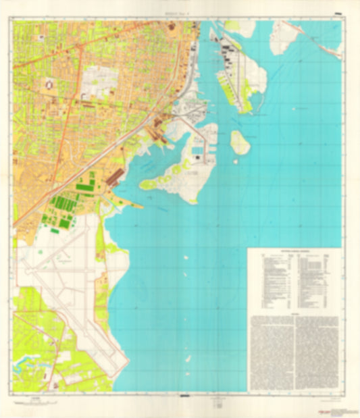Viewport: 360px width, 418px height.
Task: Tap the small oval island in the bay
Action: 240,142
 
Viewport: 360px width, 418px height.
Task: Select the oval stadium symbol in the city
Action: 49,86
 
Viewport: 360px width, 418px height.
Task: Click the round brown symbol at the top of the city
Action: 171,27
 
